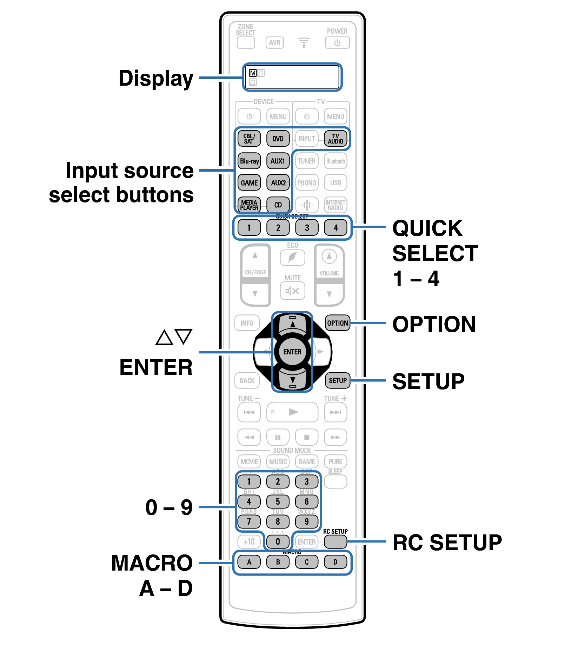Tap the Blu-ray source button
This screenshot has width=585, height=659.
click(x=249, y=161)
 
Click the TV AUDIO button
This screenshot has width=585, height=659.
click(x=335, y=139)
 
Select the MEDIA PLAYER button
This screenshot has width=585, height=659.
click(x=249, y=205)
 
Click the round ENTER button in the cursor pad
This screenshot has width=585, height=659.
click(x=292, y=352)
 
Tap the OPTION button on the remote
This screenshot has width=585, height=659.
click(x=338, y=323)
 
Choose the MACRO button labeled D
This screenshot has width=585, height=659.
click(x=335, y=562)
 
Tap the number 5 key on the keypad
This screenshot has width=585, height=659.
click(x=278, y=502)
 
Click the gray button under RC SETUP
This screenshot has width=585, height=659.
click(x=335, y=542)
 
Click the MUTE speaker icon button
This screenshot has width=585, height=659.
click(x=292, y=291)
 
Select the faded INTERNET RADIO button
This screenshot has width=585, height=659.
click(x=335, y=205)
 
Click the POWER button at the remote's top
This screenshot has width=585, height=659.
click(x=337, y=43)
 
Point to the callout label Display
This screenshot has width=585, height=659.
click(x=156, y=79)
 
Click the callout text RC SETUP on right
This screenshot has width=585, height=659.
click(x=447, y=542)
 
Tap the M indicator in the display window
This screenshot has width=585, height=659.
click(x=253, y=73)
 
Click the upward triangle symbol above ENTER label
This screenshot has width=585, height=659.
click(x=164, y=338)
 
